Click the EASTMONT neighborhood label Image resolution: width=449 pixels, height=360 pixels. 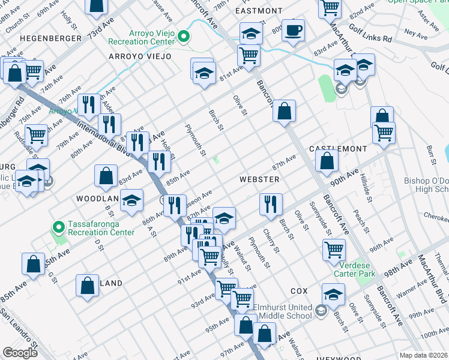click(259, 11)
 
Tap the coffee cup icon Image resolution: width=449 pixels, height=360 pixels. click(293, 31)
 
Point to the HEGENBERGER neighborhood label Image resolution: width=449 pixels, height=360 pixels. click(50, 38)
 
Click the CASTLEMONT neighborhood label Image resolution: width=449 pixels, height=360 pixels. click(338, 148)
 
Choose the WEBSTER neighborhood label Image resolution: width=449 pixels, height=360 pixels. click(259, 179)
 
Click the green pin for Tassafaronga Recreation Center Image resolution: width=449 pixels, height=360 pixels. click(58, 227)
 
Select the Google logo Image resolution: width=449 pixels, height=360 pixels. click(20, 353)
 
